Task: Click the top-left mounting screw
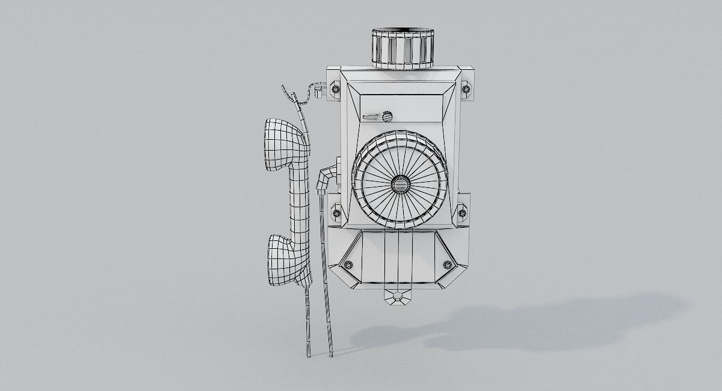tap(335, 89)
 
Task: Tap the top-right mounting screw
tap(466, 89)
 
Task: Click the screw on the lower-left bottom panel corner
tap(348, 264)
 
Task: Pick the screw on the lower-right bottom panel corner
tap(447, 264)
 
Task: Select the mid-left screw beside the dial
tap(336, 212)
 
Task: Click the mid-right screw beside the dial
tap(462, 211)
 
